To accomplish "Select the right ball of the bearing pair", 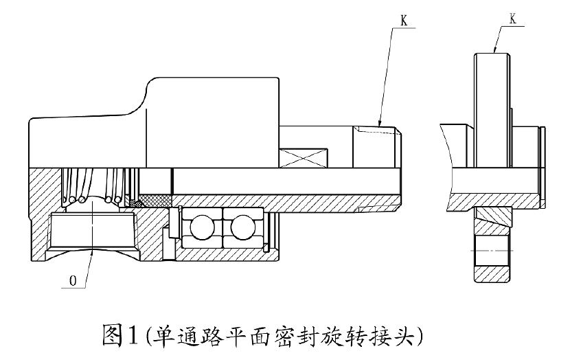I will [242, 227].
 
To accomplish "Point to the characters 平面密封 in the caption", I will [276, 336].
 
